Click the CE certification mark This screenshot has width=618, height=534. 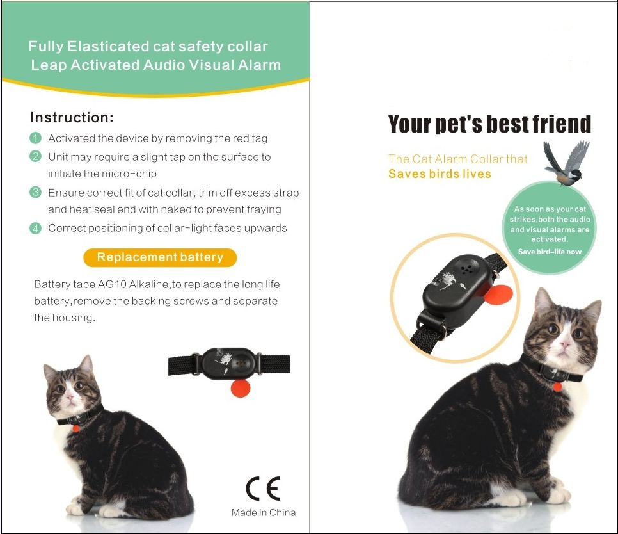[263, 489]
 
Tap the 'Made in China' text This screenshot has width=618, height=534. [264, 512]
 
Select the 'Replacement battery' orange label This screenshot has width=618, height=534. [160, 257]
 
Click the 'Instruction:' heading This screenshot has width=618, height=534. [72, 118]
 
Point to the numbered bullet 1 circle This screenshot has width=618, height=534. [36, 138]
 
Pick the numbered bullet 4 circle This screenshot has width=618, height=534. [36, 228]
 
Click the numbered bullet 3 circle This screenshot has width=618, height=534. [36, 192]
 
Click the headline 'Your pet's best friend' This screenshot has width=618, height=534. [489, 124]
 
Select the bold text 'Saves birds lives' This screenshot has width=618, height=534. [440, 174]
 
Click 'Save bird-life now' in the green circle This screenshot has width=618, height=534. [550, 252]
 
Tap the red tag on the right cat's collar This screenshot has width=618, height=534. [557, 387]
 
